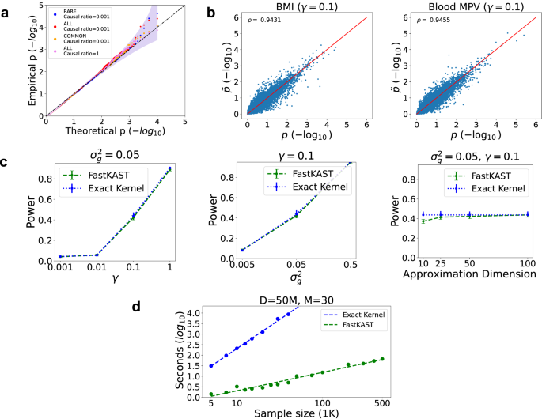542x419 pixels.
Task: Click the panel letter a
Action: (6, 9)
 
